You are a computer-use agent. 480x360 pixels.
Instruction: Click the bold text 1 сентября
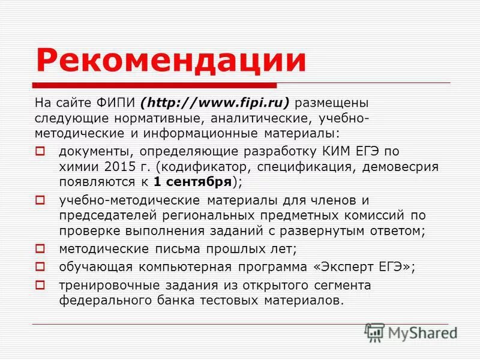coord(192,181)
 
